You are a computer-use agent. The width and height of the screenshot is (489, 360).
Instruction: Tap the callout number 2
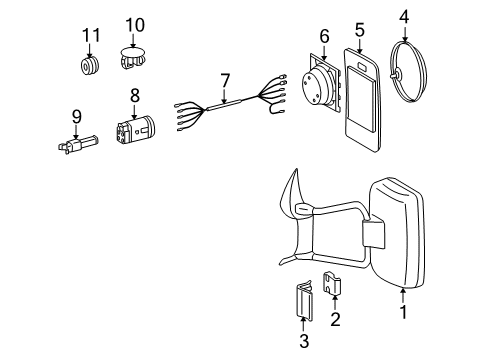tap(335, 320)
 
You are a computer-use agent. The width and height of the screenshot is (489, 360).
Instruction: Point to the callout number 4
tap(405, 16)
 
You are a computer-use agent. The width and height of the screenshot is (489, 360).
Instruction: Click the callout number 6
tap(323, 36)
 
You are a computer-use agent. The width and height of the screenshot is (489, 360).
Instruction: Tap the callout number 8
tap(135, 97)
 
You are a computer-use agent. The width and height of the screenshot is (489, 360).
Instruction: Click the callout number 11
tap(91, 36)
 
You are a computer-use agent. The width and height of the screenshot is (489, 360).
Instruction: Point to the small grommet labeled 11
tap(91, 67)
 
